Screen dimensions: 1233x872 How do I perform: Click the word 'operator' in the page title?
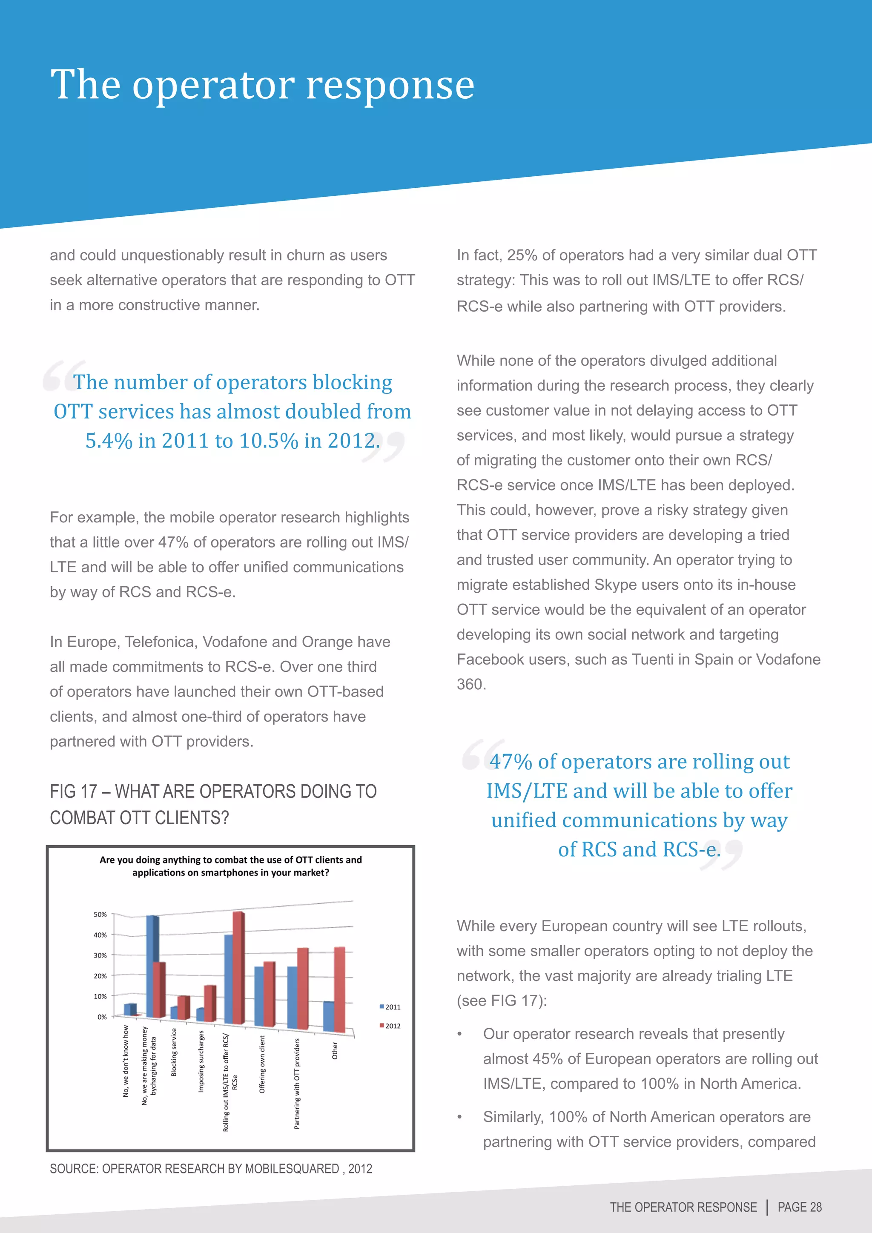tap(213, 86)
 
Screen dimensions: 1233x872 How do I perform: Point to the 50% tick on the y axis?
tap(100, 915)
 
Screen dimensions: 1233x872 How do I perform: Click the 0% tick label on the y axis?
tap(102, 1017)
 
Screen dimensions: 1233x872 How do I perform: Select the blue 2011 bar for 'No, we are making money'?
tap(152, 966)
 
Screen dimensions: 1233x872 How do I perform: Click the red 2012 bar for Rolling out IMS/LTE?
tap(238, 966)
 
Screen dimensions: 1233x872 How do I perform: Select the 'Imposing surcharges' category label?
tap(201, 1061)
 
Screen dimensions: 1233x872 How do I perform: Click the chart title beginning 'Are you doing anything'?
tap(230, 866)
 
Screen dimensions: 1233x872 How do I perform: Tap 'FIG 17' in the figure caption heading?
tap(74, 791)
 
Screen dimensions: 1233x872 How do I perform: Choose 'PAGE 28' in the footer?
tap(800, 1207)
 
